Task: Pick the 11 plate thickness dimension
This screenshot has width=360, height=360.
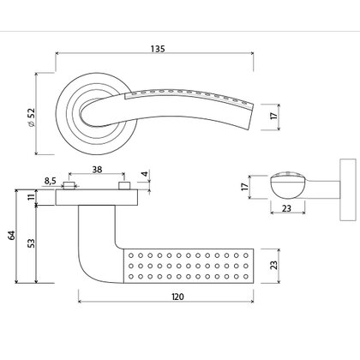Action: coord(33,198)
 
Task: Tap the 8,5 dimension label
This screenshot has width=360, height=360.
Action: coord(51,181)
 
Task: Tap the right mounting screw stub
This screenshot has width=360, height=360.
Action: coord(125,186)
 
